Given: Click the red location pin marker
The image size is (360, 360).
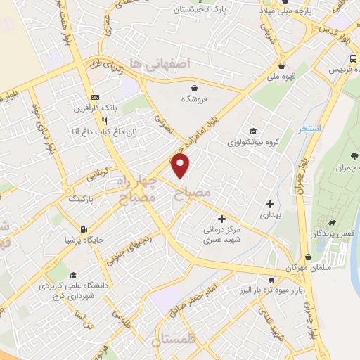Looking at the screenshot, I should pos(181,166).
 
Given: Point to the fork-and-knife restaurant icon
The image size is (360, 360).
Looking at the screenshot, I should pos(105,121).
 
